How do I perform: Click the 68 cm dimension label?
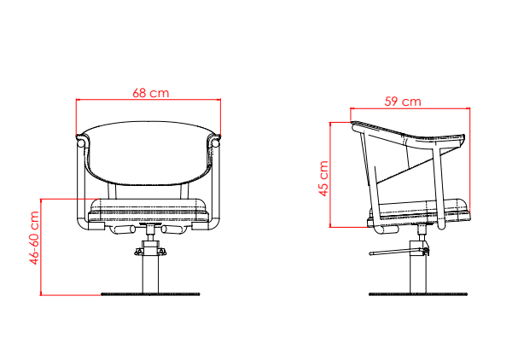[x=149, y=91]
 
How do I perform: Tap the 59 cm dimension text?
[x=402, y=102]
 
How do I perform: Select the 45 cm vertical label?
[x=323, y=178]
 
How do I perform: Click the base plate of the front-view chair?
[x=149, y=293]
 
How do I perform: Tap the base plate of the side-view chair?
[x=419, y=293]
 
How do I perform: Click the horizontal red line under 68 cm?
[x=149, y=100]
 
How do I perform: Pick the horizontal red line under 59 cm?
[x=410, y=109]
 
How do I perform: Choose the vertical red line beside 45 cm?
[x=332, y=175]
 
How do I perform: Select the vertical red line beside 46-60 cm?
[x=42, y=247]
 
